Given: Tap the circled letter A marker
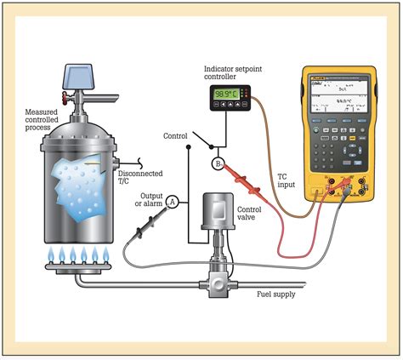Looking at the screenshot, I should (x=173, y=201).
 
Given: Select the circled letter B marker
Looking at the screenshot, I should (x=218, y=164).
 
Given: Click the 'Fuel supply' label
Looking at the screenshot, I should (x=277, y=294).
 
